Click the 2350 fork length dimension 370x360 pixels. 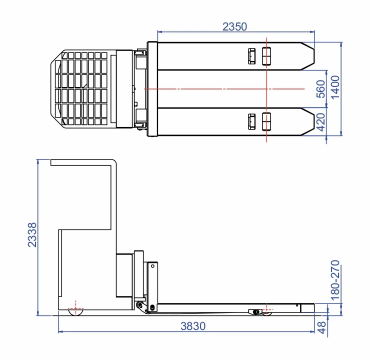(x=234, y=27)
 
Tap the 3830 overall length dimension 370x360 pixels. (x=193, y=326)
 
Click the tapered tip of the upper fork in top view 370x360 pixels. (x=308, y=56)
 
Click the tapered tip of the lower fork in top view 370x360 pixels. (x=308, y=121)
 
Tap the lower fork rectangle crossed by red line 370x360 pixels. (x=266, y=121)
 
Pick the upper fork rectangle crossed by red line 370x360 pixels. (x=266, y=56)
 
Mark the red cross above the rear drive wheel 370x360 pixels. (x=75, y=304)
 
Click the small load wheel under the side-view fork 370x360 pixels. (x=265, y=312)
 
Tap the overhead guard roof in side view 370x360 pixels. (x=82, y=161)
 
